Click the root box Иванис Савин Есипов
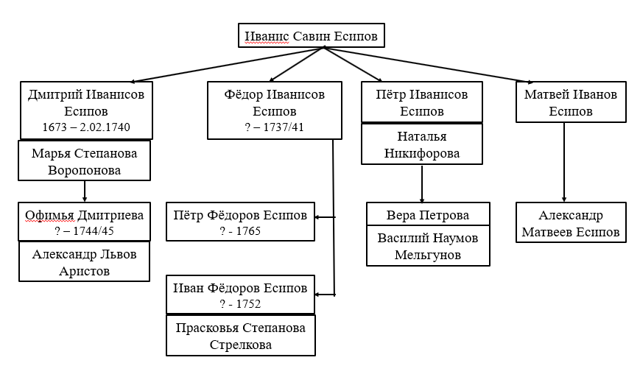[x=311, y=35]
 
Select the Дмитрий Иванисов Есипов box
[x=86, y=110]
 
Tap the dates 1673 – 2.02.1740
[x=86, y=127]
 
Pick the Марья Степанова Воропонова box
[x=84, y=161]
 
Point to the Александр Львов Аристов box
[x=84, y=261]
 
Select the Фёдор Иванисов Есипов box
[x=274, y=110]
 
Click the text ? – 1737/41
[x=274, y=127]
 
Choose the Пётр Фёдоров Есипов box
[x=240, y=222]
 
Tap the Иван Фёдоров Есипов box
[x=240, y=295]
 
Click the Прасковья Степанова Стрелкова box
[x=240, y=335]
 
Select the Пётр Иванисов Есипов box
[x=421, y=102]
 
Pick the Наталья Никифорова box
[x=421, y=144]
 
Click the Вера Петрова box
[x=428, y=214]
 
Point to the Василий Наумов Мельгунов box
[x=428, y=246]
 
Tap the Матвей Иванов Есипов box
[x=571, y=102]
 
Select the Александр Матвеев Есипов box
[x=571, y=222]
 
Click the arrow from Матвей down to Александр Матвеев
[x=564, y=163]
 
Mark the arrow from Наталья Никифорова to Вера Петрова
[x=421, y=183]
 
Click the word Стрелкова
[x=240, y=345]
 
